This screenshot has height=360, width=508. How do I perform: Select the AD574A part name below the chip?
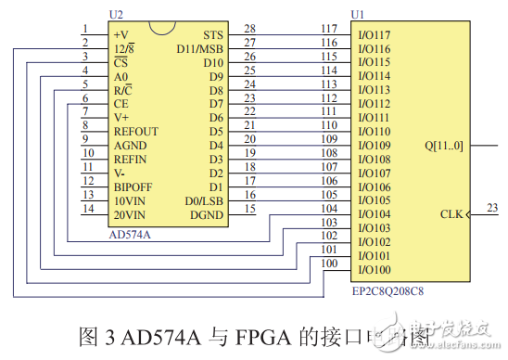pos(131,235)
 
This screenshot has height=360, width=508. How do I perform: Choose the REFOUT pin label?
pos(135,131)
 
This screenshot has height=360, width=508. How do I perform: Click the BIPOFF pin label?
pos(133,186)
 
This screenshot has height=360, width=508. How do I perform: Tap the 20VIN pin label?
pos(131,214)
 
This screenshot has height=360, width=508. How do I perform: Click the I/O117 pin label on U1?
pos(374,34)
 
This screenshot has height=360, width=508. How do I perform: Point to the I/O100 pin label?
pos(374,270)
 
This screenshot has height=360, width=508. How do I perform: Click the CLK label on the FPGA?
pos(452,215)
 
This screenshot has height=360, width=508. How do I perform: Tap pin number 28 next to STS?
pos(249,29)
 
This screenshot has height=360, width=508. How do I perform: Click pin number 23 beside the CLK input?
pos(492,208)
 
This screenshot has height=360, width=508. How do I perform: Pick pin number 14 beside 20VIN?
pos(87,209)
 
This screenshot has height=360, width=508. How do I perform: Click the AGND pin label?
pos(131,145)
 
